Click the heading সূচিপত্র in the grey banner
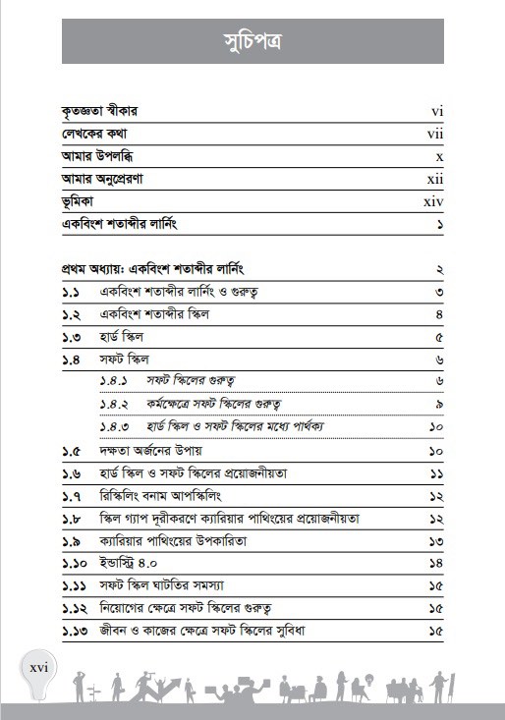tap(252, 43)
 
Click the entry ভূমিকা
tap(79, 201)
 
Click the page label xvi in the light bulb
tap(39, 670)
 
